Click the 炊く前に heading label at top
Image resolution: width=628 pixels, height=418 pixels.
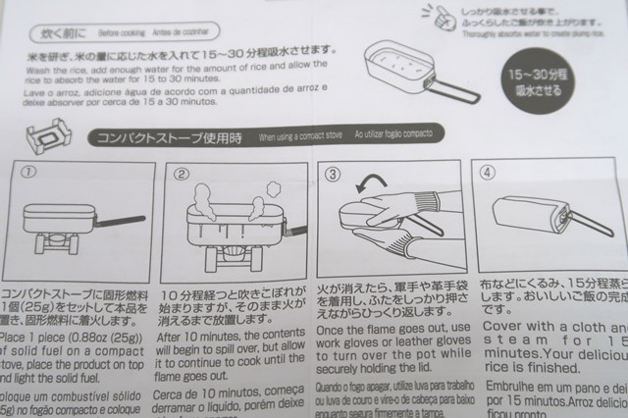coord(60,34)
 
